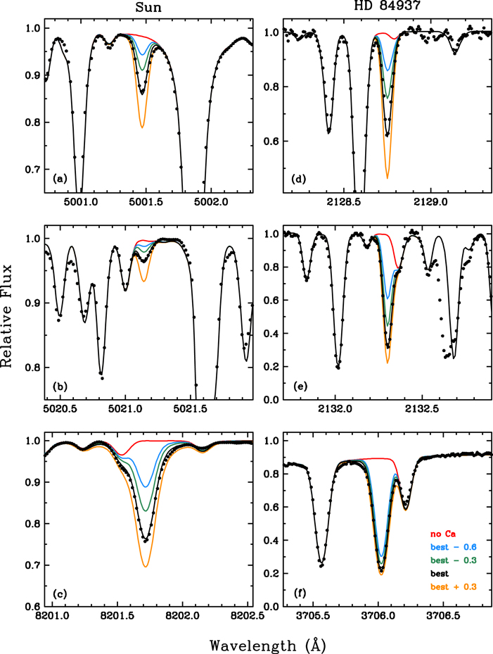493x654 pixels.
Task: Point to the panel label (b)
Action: [60, 388]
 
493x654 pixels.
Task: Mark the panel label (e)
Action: [298, 388]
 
